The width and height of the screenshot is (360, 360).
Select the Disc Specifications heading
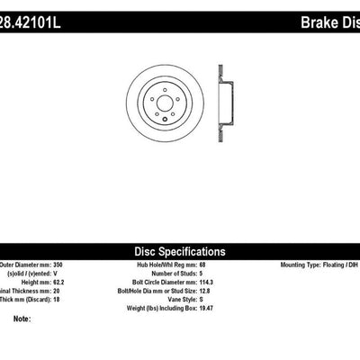pos(179,251)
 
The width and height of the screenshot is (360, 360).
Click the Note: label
pos(22,319)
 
